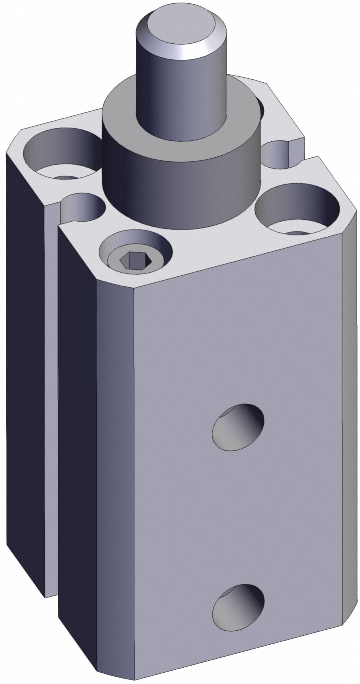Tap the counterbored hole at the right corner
point(297,209)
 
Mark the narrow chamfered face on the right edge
point(350,410)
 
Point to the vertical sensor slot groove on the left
point(51,376)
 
